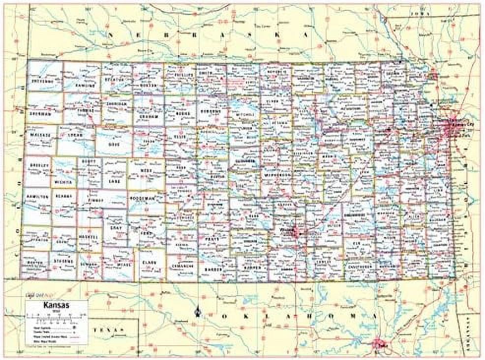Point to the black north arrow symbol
coord(198,311)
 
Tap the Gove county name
coord(113,146)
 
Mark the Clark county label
coord(150,263)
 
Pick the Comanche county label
coord(181,265)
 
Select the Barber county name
coord(214,270)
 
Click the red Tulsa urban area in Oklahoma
coord(379,343)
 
